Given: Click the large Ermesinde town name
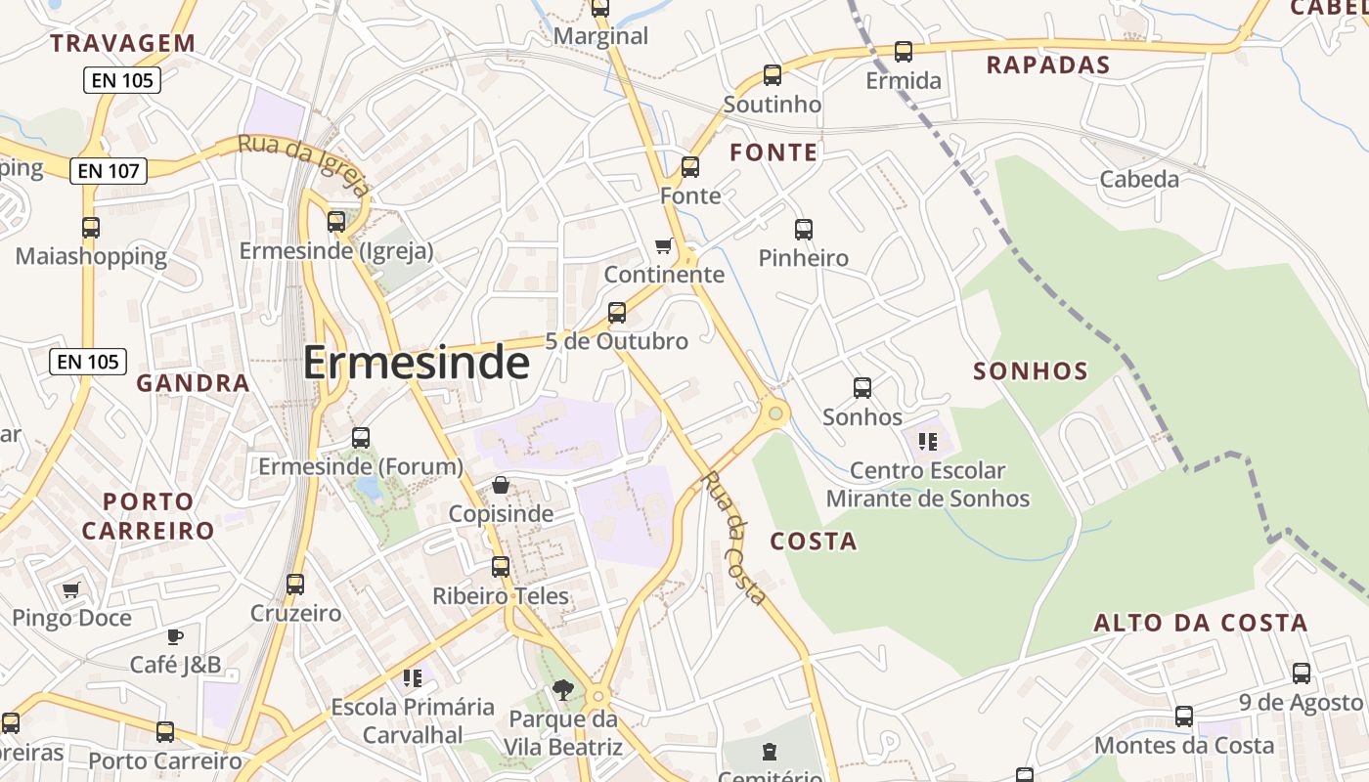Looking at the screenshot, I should pos(416,364).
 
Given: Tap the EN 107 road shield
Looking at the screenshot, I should pos(109,171).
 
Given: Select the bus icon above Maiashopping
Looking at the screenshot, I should pos(91,228).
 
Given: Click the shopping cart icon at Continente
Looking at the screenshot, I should pos(664,245).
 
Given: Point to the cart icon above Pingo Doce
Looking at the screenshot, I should pos(70,590).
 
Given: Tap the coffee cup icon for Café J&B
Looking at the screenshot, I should pos(175,637).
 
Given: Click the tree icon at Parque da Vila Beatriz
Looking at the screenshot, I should pos(562,691).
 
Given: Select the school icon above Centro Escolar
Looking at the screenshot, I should pos(928,442).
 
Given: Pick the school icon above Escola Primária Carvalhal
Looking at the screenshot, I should pos(412,677).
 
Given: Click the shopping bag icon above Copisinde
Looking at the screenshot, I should pos(501,485).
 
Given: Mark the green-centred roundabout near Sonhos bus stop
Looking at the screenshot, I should pos(775,413).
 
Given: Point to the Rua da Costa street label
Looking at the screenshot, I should pos(732,538).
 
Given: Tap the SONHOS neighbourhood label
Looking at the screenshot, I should pos(1031,371).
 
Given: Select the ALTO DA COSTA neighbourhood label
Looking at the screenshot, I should pos(1200,623).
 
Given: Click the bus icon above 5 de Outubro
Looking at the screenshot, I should pos(617,313).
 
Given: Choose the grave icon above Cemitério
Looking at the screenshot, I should pos(770,752).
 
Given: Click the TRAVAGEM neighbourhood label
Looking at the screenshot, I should pos(123,43).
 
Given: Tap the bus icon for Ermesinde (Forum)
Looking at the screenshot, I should pos(361,438).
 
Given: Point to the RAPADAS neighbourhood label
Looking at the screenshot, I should pos(1048,65).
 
